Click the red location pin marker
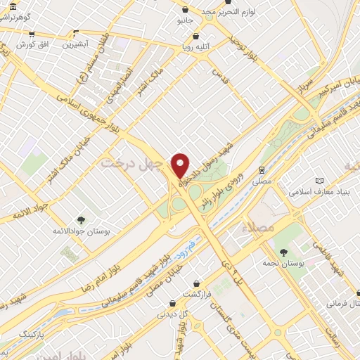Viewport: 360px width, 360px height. [x=181, y=165]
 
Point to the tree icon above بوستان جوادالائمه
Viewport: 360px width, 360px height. [x=82, y=220]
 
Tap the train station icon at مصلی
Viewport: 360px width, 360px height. [x=262, y=169]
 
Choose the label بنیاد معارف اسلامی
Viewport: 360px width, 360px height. [x=321, y=191]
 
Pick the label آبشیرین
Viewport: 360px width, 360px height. [x=77, y=44]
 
